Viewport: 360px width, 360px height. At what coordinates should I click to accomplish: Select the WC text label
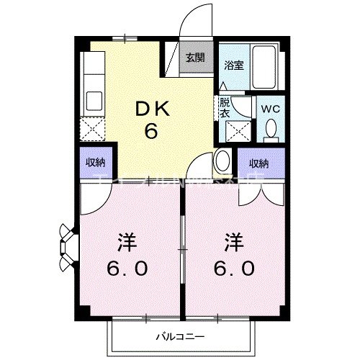270,109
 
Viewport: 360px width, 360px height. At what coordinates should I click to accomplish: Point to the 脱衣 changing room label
225,107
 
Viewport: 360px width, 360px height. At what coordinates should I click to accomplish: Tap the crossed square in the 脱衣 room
236,130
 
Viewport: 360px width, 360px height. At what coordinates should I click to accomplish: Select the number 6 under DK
151,131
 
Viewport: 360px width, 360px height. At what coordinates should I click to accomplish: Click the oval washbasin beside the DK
222,161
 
